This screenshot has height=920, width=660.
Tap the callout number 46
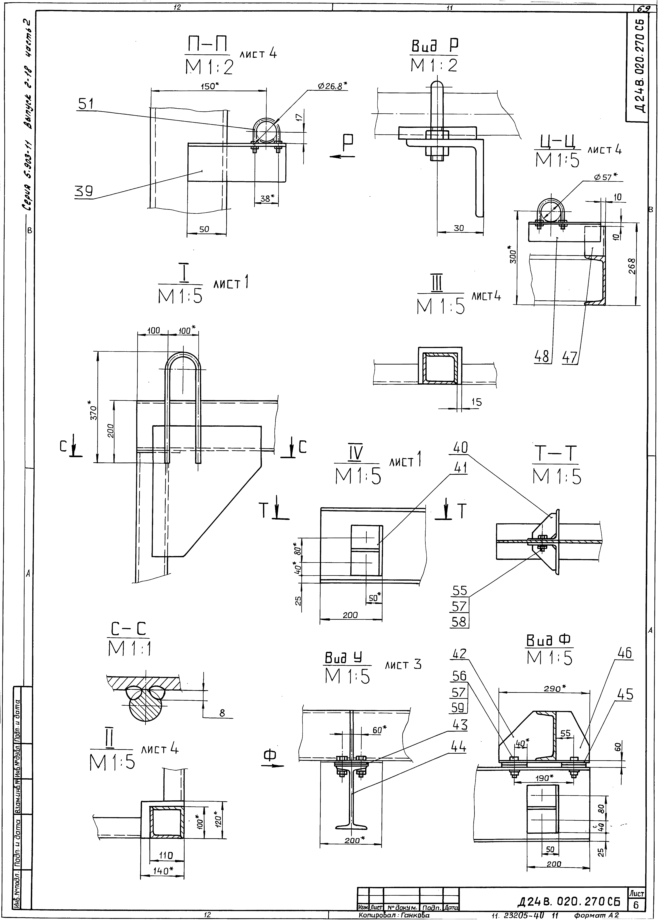click(625, 654)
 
